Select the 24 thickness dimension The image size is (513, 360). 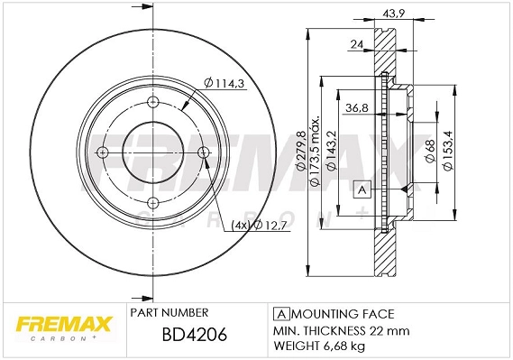tap(358, 44)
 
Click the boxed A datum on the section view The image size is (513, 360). tap(362, 189)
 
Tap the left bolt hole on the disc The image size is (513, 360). tap(101, 151)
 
